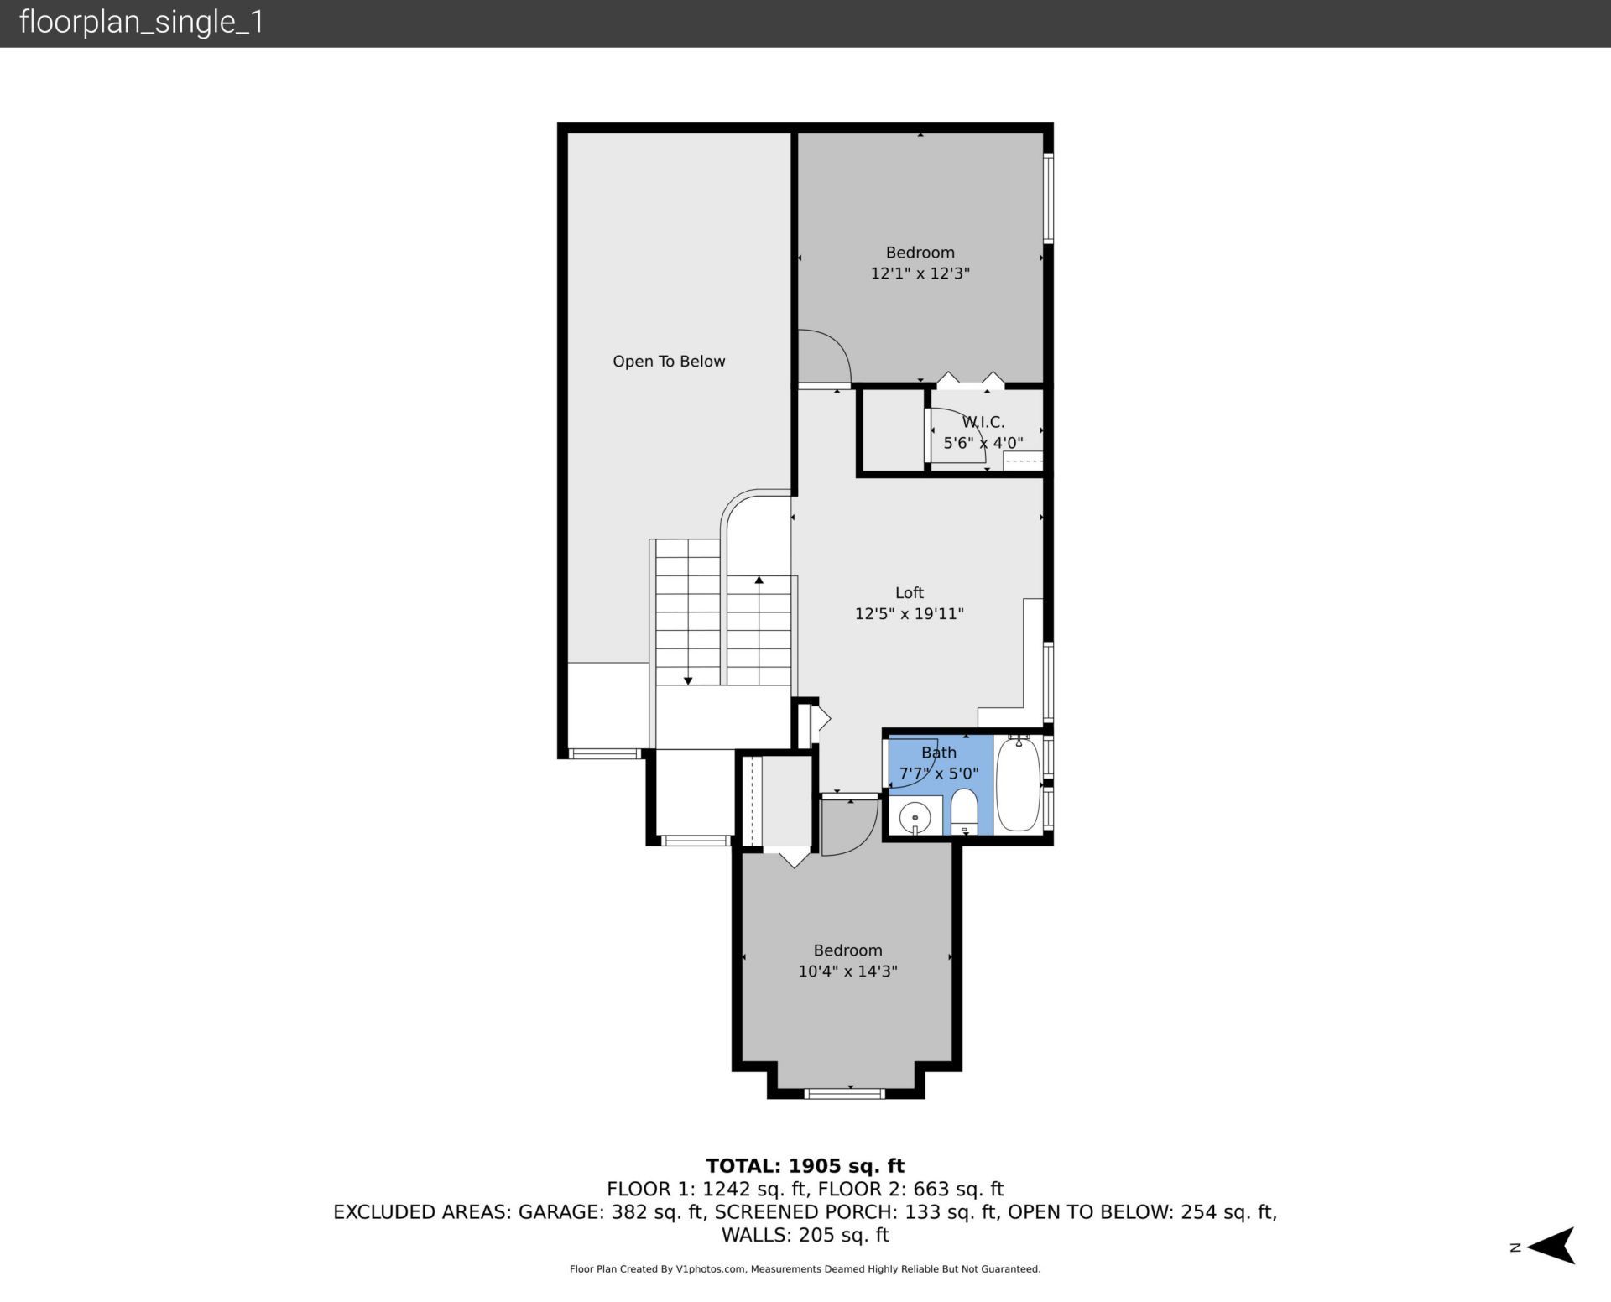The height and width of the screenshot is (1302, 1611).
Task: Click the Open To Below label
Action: tap(669, 362)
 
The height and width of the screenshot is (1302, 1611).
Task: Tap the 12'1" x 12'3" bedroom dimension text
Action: tap(920, 273)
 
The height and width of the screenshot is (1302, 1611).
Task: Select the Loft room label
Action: tap(909, 593)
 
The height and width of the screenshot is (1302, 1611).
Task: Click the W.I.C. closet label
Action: tap(983, 422)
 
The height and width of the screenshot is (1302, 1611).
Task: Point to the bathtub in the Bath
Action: tap(1018, 784)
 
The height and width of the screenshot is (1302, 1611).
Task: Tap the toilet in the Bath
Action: tap(965, 810)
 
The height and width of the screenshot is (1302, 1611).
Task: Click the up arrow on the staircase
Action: tap(759, 581)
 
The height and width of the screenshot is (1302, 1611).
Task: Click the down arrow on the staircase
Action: tap(688, 680)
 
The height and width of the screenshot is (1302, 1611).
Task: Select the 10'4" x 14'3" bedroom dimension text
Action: tap(847, 971)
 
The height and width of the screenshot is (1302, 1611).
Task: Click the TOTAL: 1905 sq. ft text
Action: tap(805, 1166)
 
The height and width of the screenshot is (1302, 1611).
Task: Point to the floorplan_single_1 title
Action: tap(141, 22)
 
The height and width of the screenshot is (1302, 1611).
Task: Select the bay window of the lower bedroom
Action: tap(845, 1093)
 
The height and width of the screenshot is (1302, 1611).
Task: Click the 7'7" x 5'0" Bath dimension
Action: tap(938, 773)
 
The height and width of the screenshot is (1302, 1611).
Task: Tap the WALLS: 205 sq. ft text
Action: tap(805, 1235)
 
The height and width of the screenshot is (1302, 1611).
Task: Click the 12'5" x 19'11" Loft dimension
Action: tap(909, 614)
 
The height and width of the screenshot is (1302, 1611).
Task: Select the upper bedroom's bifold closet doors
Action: tap(970, 381)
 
